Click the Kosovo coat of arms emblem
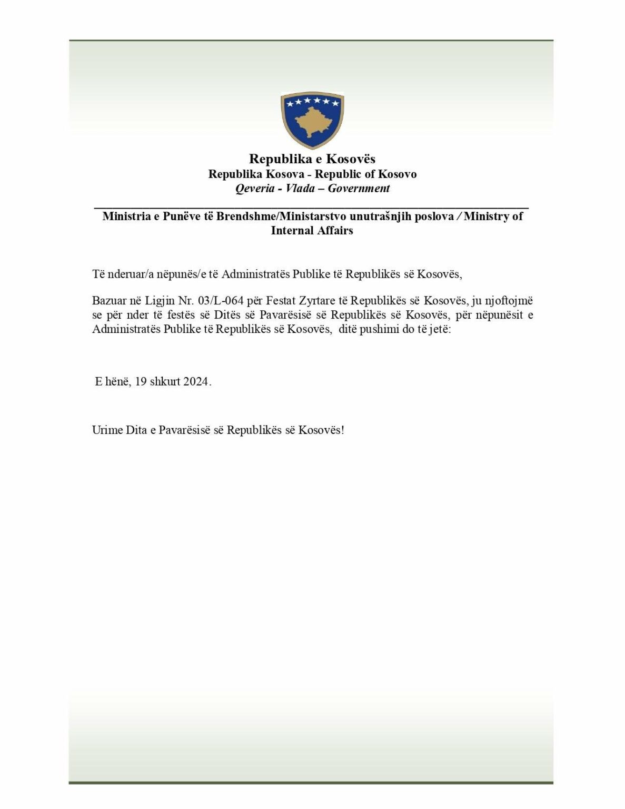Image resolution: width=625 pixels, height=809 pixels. click(312, 121)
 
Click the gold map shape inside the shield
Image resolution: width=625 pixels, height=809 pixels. click(312, 122)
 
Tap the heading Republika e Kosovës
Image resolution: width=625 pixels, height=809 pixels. click(312, 159)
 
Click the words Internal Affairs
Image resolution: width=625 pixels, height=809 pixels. click(312, 230)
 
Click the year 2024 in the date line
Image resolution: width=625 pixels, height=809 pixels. click(195, 382)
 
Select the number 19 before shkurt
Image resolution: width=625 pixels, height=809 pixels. click(141, 382)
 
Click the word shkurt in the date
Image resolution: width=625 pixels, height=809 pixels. click(165, 382)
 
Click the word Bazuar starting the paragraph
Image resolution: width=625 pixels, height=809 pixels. click(108, 301)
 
